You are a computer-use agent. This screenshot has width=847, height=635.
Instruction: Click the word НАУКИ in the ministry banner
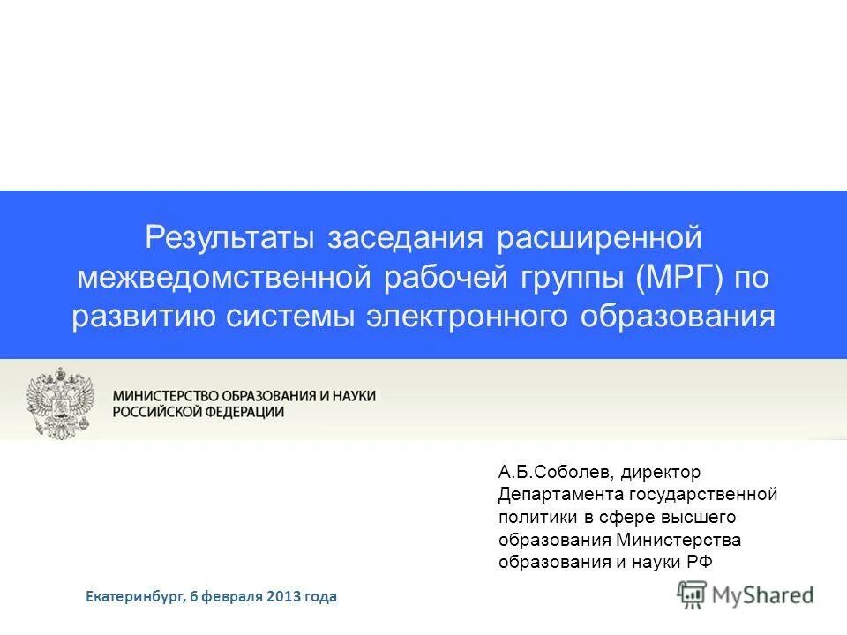click(x=353, y=396)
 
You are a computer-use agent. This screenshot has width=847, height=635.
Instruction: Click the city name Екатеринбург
click(x=135, y=597)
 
